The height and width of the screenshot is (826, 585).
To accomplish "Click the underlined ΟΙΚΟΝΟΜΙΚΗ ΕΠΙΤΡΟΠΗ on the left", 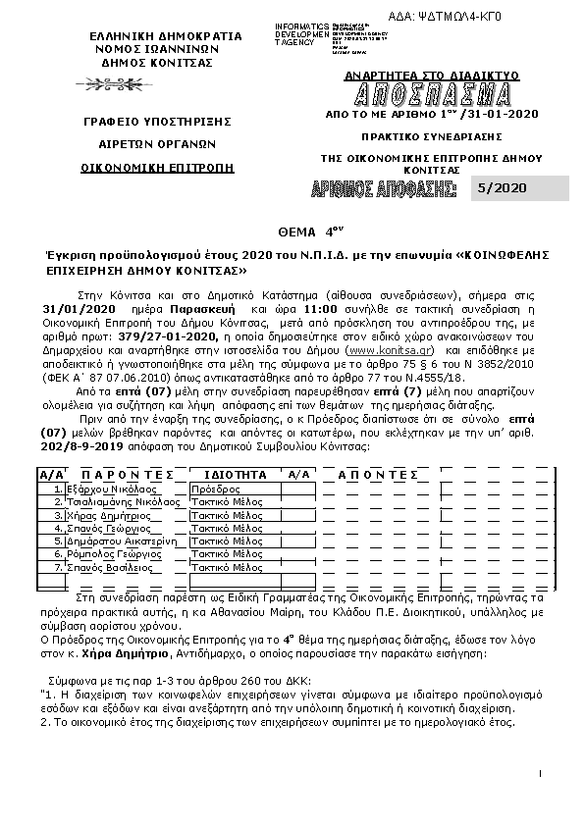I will [x=158, y=167].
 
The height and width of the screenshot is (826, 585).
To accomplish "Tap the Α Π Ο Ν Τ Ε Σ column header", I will [x=381, y=474].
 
